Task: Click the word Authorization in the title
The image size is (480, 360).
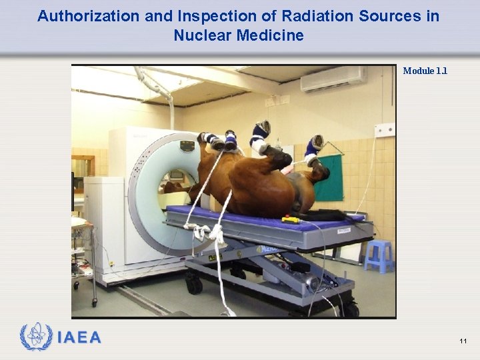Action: coord(79,16)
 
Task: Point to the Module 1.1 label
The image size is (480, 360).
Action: coord(425,71)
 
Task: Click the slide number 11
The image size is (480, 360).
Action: coord(463,341)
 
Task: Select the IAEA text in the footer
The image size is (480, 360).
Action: coord(80,338)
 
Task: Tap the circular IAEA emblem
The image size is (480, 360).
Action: coord(37,337)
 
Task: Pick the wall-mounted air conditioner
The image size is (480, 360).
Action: coord(333,79)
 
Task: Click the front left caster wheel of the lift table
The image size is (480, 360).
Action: coord(194,285)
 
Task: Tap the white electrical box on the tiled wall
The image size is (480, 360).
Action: coord(384,130)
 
